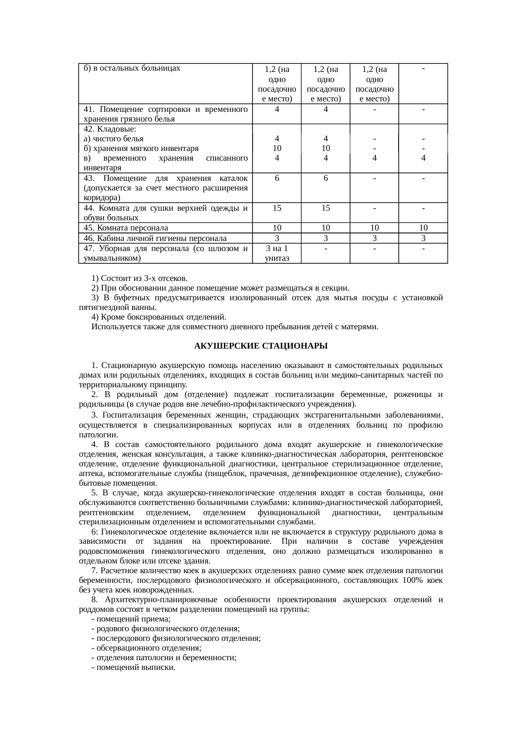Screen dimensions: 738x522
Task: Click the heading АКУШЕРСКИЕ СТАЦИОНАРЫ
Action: click(x=261, y=346)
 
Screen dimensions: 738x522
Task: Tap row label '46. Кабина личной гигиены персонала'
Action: click(x=155, y=238)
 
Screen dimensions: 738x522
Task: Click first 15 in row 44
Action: click(x=277, y=208)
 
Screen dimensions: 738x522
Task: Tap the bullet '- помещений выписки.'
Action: click(x=133, y=667)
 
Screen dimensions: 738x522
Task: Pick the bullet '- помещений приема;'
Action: click(x=130, y=619)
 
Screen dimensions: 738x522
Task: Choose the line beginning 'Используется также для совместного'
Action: click(x=234, y=327)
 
